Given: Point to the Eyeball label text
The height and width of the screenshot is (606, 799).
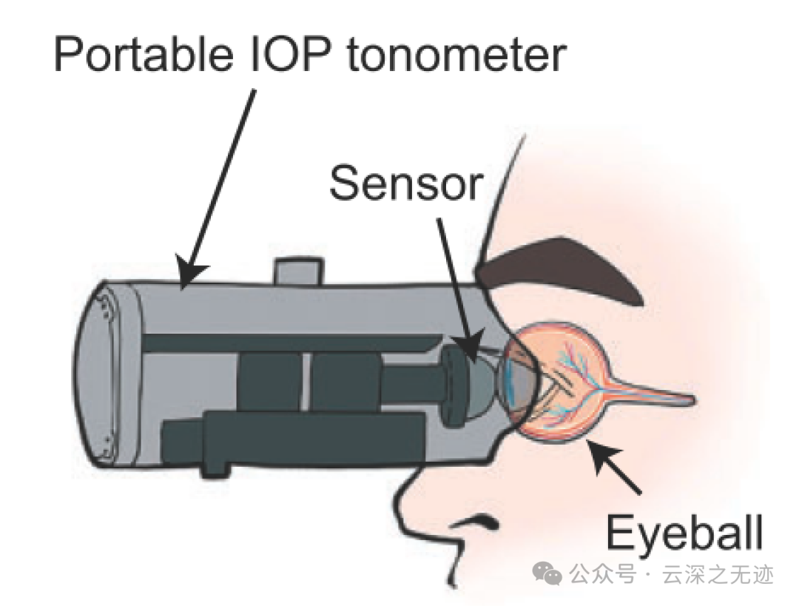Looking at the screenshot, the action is (684, 533).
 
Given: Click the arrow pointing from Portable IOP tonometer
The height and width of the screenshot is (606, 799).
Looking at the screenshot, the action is (218, 185).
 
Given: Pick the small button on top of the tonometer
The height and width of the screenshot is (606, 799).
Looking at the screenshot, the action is (298, 269).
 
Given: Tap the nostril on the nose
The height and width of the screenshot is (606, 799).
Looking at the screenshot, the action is (477, 522).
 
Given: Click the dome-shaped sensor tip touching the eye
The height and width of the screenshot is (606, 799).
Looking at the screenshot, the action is (485, 377).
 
